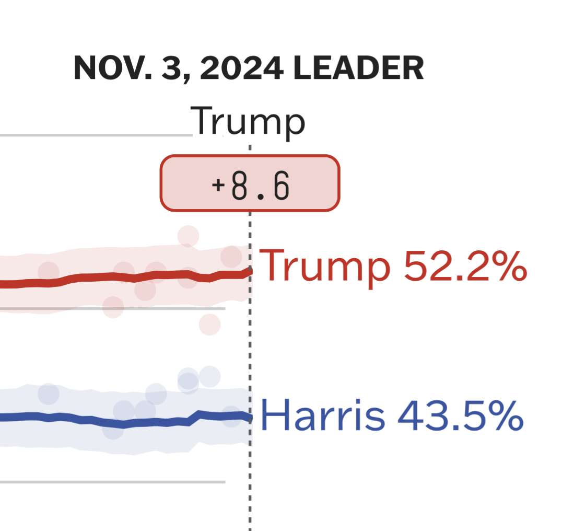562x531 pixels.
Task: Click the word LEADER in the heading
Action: [358, 68]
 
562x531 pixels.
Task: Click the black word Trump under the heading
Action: [248, 121]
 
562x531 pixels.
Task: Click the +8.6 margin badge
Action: [250, 183]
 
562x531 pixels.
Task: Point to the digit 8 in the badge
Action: [239, 187]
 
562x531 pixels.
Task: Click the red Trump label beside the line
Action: [324, 265]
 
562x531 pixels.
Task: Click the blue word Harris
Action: [322, 415]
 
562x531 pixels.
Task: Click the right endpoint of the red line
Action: [250, 270]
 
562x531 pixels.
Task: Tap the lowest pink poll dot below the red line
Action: [209, 325]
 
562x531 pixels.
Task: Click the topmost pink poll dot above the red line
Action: [188, 236]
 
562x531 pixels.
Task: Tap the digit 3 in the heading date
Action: [170, 68]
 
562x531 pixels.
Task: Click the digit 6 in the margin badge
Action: [281, 187]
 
